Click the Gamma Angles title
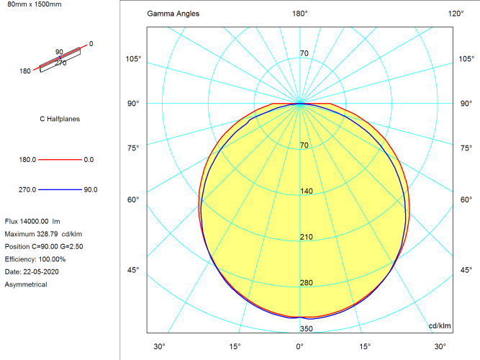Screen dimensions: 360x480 click(173, 14)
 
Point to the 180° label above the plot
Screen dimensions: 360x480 click(299, 14)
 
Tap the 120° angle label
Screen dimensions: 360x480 click(456, 14)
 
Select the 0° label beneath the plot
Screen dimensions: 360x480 click(299, 346)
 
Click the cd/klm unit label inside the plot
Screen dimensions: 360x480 click(439, 326)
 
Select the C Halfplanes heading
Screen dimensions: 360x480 click(59, 119)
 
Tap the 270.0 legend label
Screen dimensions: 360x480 click(27, 190)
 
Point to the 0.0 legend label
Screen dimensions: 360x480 click(89, 159)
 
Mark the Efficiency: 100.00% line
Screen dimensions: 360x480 click(35, 259)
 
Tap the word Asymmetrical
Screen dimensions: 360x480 click(26, 284)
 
